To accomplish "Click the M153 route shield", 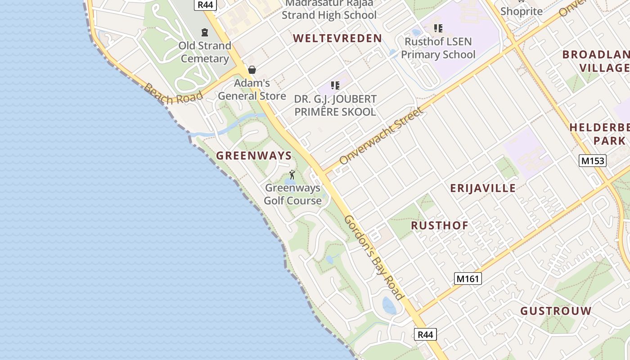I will tap(593, 161).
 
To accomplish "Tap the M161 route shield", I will tap(468, 279).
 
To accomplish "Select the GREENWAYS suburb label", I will tap(254, 156).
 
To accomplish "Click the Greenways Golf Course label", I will tap(292, 194).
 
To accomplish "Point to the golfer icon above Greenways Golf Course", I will tap(292, 175).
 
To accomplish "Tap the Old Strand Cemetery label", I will tap(205, 52).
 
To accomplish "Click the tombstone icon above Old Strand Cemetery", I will tap(205, 32).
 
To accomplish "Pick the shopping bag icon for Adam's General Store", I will tap(252, 70).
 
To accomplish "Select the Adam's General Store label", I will tap(252, 90).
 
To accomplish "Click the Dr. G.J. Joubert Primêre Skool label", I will tap(335, 105).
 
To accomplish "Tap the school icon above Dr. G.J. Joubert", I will tap(335, 85).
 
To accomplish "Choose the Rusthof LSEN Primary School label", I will tap(438, 48).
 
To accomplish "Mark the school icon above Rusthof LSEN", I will tap(438, 29).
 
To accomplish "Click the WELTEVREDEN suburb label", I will tap(337, 39).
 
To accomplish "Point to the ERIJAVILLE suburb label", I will tap(483, 188).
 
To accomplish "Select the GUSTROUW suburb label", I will tap(556, 311).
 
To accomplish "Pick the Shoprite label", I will tap(522, 11).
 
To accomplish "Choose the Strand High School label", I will tap(329, 15).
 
